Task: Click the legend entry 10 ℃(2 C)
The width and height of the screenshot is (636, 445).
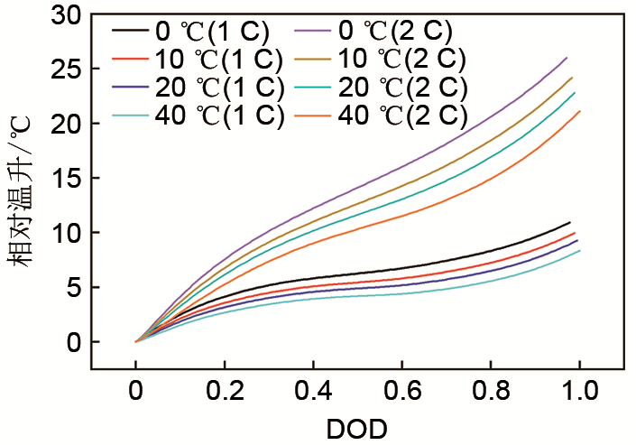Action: [x=397, y=60]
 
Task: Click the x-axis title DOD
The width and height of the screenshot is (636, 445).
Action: [x=357, y=428]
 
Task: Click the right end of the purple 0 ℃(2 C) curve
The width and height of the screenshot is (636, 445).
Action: [x=567, y=58]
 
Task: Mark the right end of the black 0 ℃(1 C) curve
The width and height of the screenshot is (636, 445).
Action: [x=570, y=222]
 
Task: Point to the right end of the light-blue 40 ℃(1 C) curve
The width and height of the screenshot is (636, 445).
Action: [x=579, y=251]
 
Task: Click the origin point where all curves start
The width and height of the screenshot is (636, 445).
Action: [x=135, y=342]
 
